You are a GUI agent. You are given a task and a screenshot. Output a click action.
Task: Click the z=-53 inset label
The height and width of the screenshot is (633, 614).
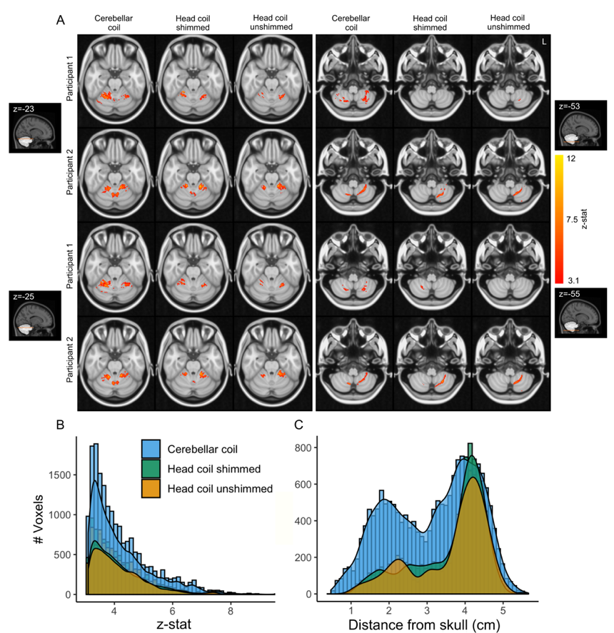(573, 106)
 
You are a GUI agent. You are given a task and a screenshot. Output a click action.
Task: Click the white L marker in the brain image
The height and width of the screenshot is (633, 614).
(544, 43)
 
